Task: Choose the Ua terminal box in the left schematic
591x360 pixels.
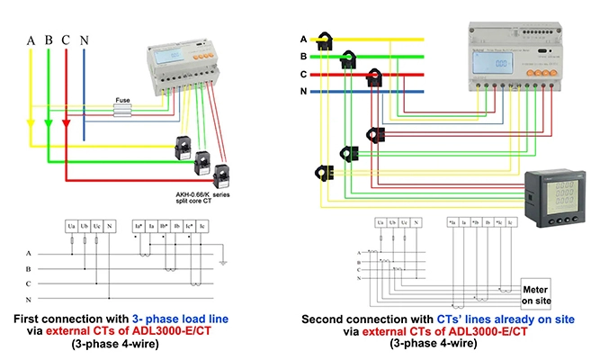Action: (x=69, y=224)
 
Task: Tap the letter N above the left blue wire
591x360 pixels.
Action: (x=84, y=40)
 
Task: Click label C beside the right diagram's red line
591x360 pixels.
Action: (x=303, y=74)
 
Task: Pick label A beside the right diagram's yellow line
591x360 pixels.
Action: (x=303, y=39)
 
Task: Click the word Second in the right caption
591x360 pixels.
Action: (x=322, y=319)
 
